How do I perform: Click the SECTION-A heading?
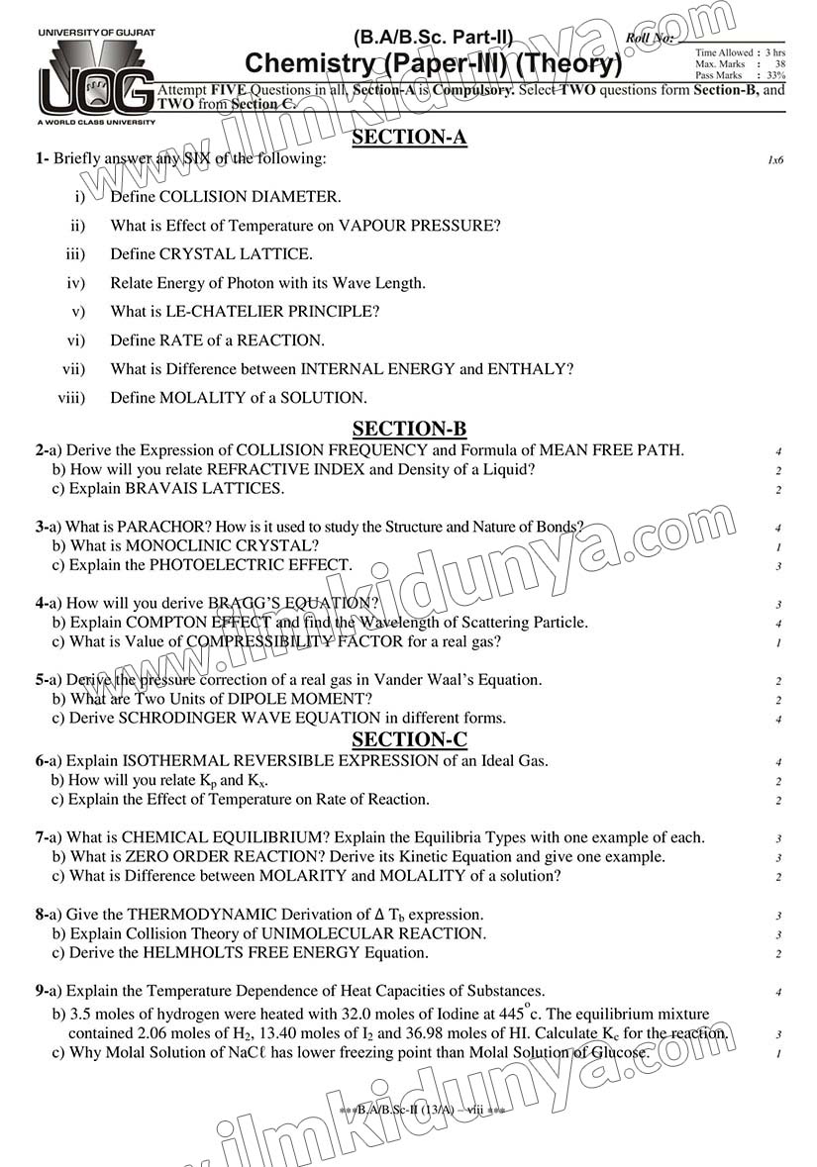click(409, 138)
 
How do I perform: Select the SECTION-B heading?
click(409, 429)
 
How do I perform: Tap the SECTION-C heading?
click(409, 739)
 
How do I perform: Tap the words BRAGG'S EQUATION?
click(293, 603)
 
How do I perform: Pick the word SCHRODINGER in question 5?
click(179, 718)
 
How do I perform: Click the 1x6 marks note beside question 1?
click(774, 159)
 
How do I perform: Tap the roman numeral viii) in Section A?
click(71, 398)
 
